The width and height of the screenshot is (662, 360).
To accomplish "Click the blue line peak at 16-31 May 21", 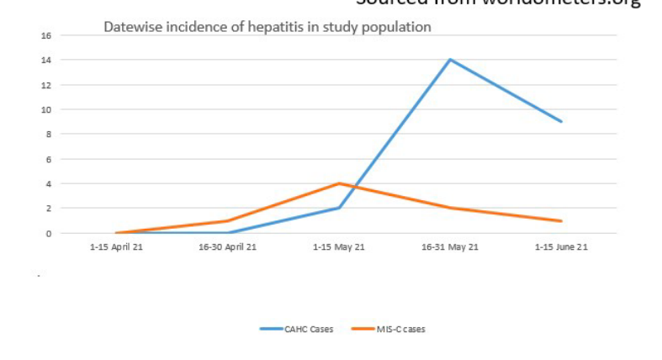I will (x=450, y=60).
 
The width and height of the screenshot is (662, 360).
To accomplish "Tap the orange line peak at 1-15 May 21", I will (x=339, y=183).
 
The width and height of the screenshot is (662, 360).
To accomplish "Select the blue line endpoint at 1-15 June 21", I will (x=561, y=122).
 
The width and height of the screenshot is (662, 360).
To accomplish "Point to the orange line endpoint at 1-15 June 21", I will (x=561, y=220).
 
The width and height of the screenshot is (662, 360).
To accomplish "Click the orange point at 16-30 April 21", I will (x=228, y=220).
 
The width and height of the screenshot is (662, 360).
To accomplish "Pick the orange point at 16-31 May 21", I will (x=450, y=208).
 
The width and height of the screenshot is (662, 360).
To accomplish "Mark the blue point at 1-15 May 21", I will (x=339, y=208).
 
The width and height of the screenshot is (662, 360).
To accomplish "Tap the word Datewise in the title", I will (x=130, y=27).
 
